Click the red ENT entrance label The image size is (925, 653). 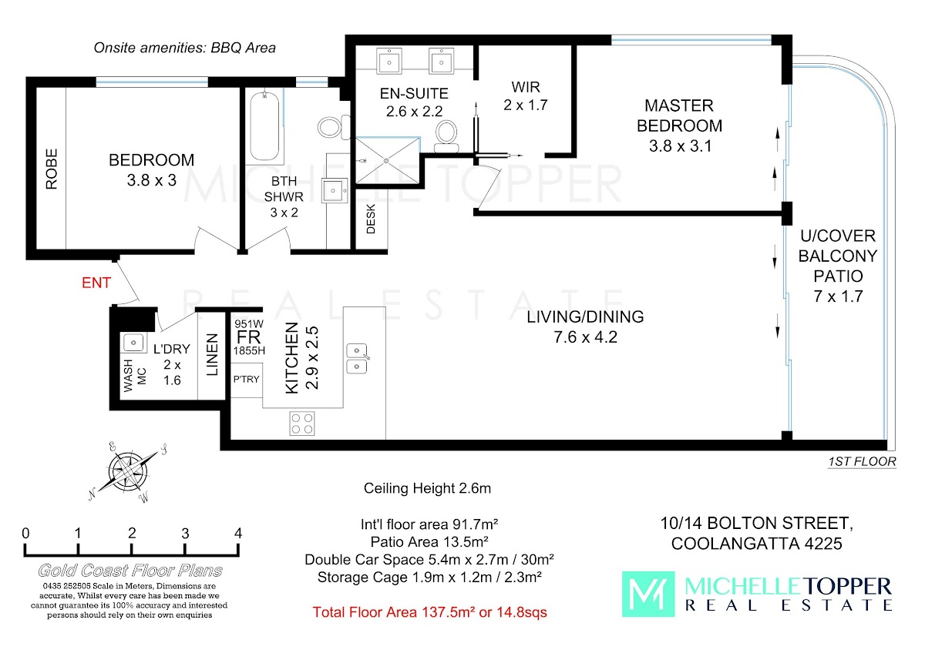96,283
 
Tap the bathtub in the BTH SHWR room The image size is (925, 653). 264,126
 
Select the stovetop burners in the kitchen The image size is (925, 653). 302,424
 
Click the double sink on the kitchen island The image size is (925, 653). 357,359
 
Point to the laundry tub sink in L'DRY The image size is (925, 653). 133,343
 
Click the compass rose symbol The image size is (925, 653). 128,473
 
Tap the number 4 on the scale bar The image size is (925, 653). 238,534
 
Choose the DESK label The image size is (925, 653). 371,219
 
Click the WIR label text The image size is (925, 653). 525,87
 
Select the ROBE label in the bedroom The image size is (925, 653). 52,169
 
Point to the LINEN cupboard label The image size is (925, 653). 212,355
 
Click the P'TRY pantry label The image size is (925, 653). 246,379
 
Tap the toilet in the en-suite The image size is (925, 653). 446,136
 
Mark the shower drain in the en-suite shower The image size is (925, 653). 386,160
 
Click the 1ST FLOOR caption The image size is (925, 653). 862,461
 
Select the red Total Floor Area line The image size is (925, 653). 429,612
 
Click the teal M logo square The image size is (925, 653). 648,594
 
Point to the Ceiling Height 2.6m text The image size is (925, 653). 427,488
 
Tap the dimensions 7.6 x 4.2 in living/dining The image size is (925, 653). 586,337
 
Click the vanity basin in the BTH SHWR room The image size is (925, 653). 334,190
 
